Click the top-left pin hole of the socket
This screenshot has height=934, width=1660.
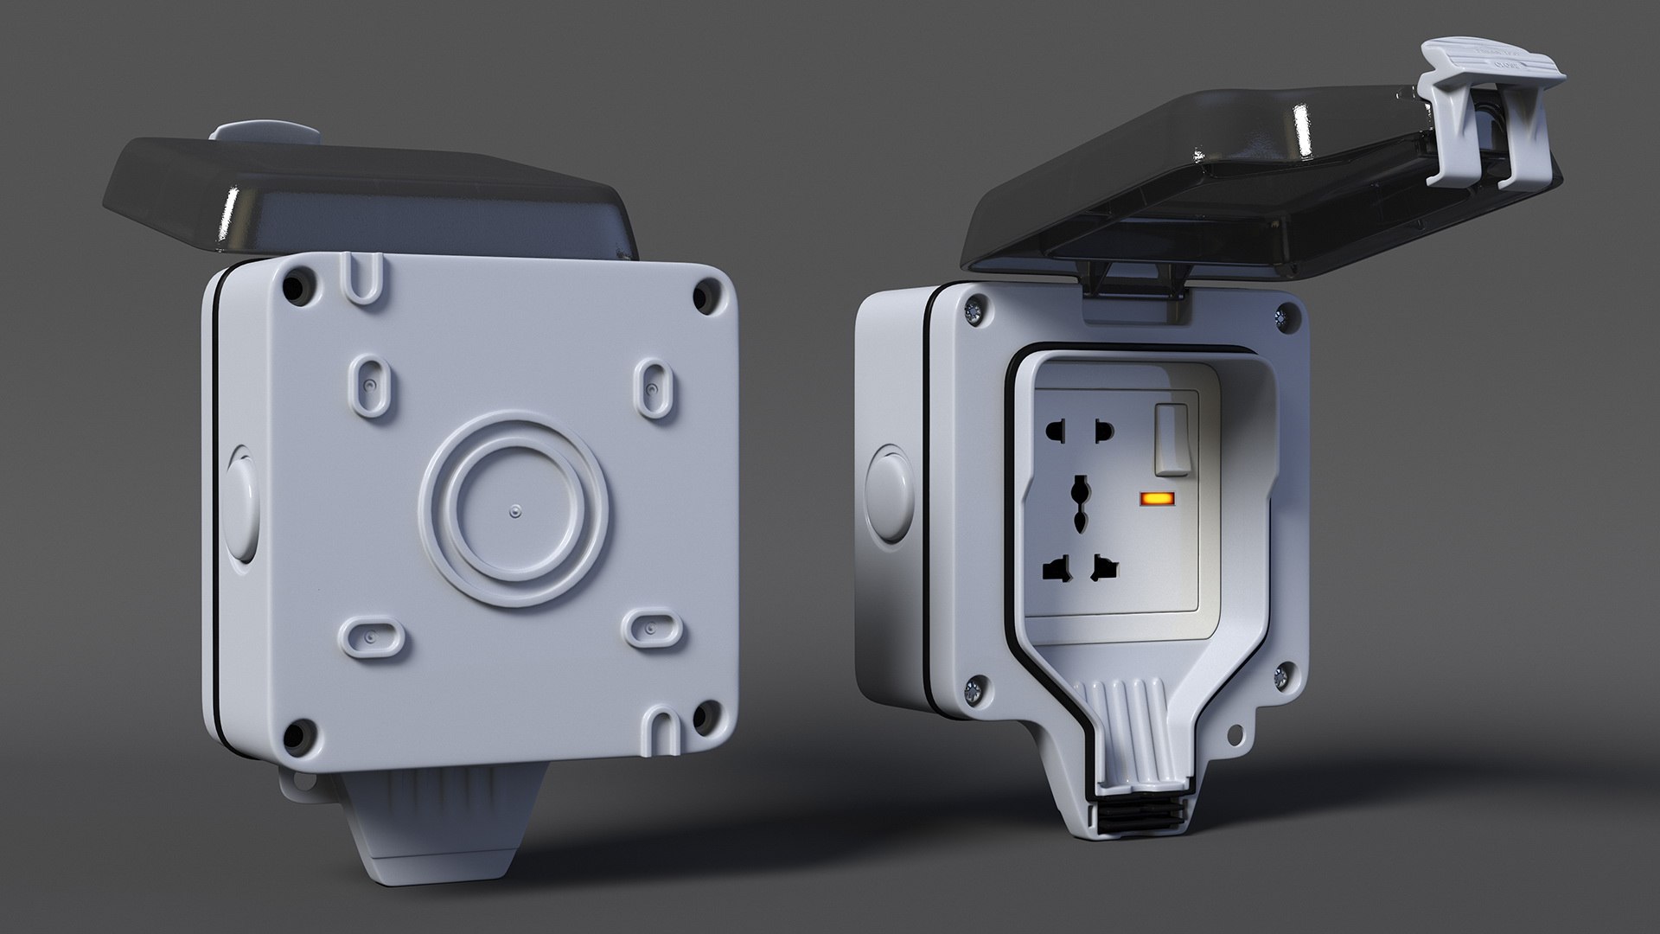[1057, 430]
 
